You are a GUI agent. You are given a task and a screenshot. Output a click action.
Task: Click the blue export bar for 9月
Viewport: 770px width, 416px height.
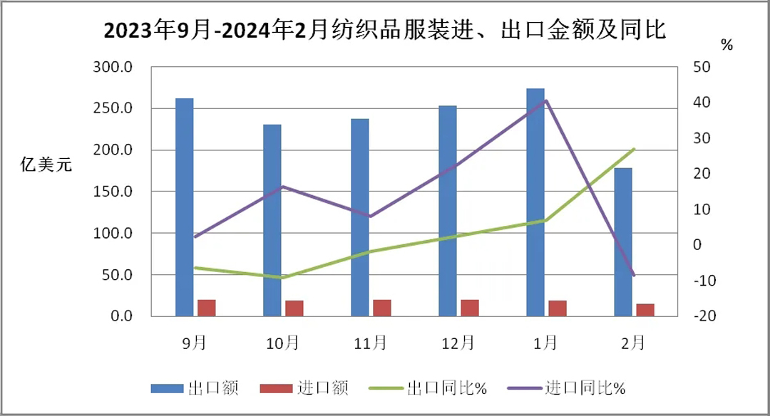(x=185, y=207)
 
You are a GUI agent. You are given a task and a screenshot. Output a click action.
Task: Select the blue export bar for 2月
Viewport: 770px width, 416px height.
(x=623, y=242)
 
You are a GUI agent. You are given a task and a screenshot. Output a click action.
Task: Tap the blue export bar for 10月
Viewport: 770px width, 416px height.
(x=272, y=220)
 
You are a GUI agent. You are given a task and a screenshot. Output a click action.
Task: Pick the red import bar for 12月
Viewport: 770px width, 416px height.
(x=470, y=308)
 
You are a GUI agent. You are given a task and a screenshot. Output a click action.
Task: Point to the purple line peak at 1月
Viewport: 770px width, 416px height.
(x=546, y=100)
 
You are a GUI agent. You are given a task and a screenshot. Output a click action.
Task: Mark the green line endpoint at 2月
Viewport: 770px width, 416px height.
(x=634, y=149)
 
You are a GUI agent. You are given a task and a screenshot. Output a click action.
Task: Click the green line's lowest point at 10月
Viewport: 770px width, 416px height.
(x=284, y=277)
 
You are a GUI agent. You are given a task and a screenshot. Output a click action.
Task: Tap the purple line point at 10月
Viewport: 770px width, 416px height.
(x=283, y=187)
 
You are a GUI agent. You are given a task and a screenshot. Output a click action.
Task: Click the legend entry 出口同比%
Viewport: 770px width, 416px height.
(x=427, y=388)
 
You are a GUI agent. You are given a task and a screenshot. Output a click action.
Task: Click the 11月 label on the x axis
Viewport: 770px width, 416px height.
(x=371, y=343)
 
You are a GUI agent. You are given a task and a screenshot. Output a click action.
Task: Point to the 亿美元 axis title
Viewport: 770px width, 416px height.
(x=46, y=166)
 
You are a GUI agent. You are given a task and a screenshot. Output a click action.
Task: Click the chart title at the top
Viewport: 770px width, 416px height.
(x=385, y=31)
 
